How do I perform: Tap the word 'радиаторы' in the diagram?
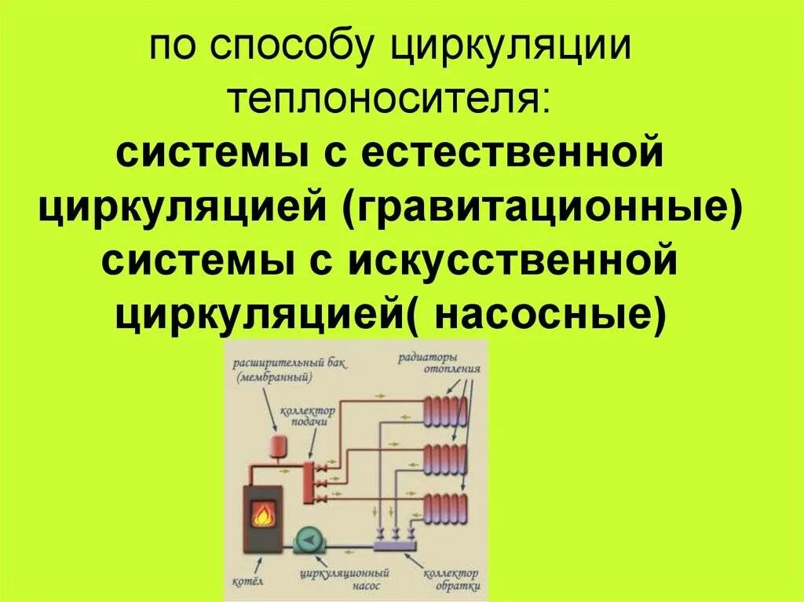coord(429,356)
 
